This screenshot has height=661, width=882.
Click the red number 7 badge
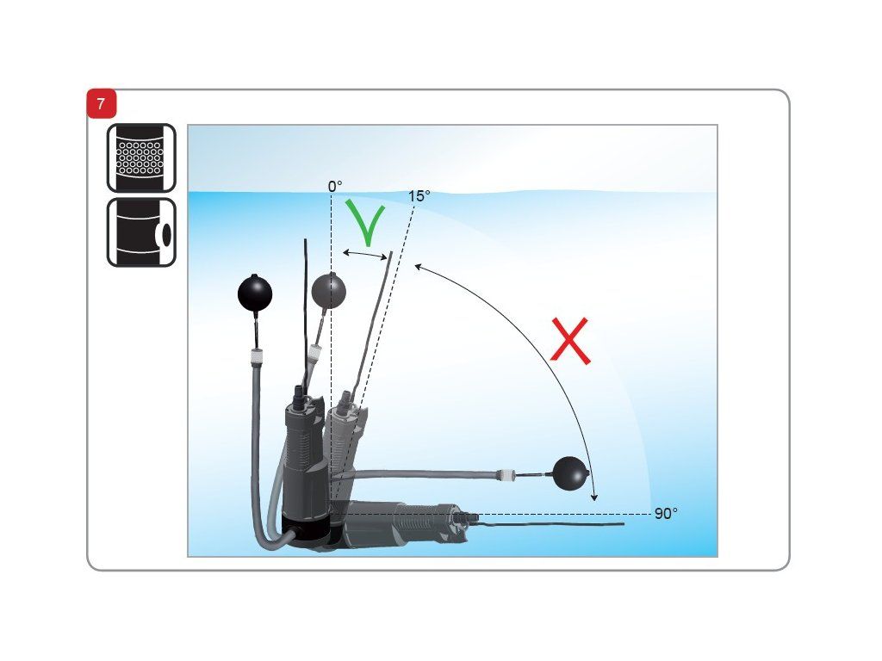click(x=102, y=104)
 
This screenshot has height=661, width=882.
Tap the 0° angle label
click(x=335, y=186)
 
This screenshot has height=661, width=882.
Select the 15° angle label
click(x=419, y=196)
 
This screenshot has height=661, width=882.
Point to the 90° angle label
click(x=666, y=514)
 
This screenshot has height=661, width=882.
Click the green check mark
click(x=365, y=223)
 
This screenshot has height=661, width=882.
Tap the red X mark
click(x=570, y=341)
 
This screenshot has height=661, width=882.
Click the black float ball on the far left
click(x=255, y=293)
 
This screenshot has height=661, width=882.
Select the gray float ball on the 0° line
click(x=328, y=291)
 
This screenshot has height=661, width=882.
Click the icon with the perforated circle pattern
click(x=141, y=158)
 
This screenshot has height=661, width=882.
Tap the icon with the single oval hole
click(x=141, y=232)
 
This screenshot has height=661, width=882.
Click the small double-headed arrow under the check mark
click(x=365, y=255)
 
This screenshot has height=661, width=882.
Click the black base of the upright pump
click(x=306, y=530)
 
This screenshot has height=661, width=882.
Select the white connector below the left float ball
click(x=256, y=355)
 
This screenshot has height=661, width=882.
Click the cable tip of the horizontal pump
click(x=623, y=524)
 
